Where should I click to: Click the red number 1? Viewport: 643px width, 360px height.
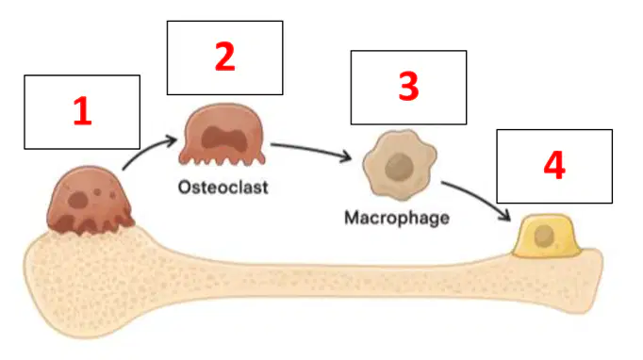pyautogui.click(x=82, y=110)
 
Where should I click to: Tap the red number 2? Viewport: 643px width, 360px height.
pyautogui.click(x=224, y=57)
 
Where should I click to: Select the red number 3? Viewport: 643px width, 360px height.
pyautogui.click(x=408, y=87)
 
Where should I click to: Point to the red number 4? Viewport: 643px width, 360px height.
pyautogui.click(x=554, y=166)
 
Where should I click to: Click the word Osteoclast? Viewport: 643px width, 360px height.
pyautogui.click(x=223, y=188)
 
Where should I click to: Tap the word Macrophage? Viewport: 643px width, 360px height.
pyautogui.click(x=397, y=218)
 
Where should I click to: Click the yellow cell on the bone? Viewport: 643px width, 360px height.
pyautogui.click(x=546, y=237)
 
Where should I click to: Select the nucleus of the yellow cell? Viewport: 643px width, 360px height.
pyautogui.click(x=544, y=237)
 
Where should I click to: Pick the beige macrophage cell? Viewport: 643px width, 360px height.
pyautogui.click(x=400, y=165)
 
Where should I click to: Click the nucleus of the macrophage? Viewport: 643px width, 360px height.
pyautogui.click(x=399, y=167)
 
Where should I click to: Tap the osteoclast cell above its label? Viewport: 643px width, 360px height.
pyautogui.click(x=223, y=135)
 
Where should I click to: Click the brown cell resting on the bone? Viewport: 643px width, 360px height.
pyautogui.click(x=91, y=200)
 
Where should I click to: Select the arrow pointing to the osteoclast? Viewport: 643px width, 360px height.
pyautogui.click(x=147, y=150)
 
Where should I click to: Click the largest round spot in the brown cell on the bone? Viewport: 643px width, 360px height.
pyautogui.click(x=78, y=200)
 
